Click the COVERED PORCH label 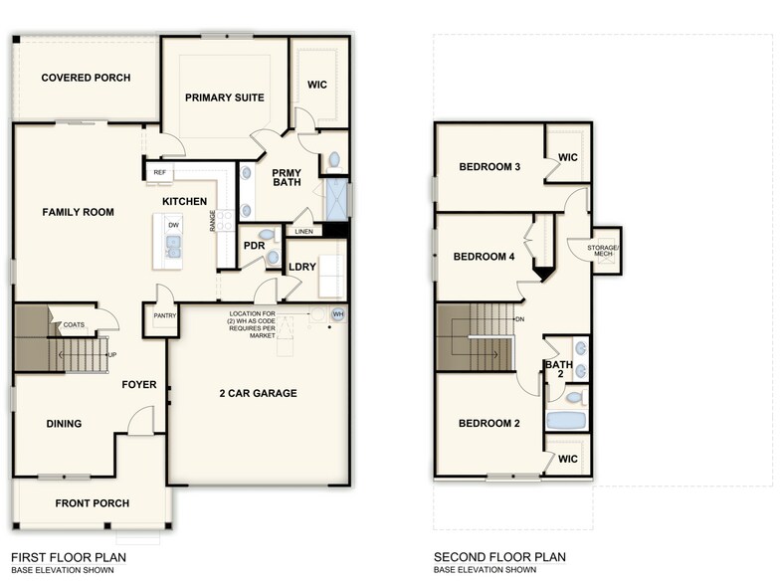(x=86, y=78)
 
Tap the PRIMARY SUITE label (x=225, y=97)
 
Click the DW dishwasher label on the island (x=173, y=226)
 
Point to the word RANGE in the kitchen (x=213, y=221)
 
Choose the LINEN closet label (x=303, y=232)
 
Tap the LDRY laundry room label (x=301, y=267)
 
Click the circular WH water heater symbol (x=337, y=314)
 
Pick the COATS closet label (x=74, y=324)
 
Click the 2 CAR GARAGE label (x=258, y=393)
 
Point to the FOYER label (x=139, y=384)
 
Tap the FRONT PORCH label (x=92, y=503)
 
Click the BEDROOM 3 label (x=489, y=167)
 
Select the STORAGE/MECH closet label (x=593, y=250)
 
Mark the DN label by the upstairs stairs (x=519, y=319)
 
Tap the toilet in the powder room (x=272, y=258)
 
